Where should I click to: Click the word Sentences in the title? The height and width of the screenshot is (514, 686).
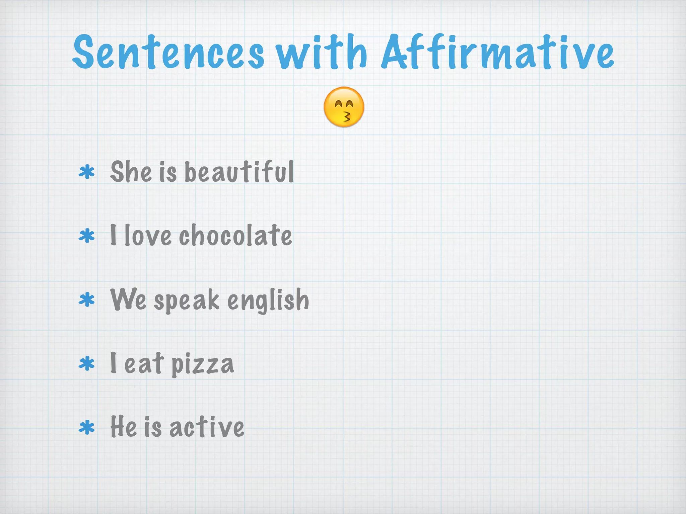coord(168,52)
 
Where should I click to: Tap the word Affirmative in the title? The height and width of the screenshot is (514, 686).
coord(498,52)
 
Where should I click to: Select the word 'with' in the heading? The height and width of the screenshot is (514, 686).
coord(322,52)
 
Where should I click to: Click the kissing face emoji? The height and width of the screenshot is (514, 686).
coord(344,107)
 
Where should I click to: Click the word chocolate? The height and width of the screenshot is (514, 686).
coord(235,236)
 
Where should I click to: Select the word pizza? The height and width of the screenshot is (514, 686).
coord(203,364)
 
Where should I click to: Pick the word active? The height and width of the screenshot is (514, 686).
coord(207,427)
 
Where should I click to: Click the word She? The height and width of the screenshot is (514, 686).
coord(131,172)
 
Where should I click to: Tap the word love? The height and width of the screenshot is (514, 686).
coord(148,236)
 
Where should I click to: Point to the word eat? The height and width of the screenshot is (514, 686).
coord(144,363)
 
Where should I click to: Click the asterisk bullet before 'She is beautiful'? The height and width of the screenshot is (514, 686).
coord(87,173)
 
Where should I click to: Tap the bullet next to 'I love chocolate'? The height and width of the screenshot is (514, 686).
coord(87,236)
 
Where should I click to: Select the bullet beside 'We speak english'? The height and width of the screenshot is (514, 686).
coord(87,300)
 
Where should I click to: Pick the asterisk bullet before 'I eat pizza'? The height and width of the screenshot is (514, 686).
coord(87,364)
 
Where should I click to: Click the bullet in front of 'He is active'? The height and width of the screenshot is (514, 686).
coord(87,428)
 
